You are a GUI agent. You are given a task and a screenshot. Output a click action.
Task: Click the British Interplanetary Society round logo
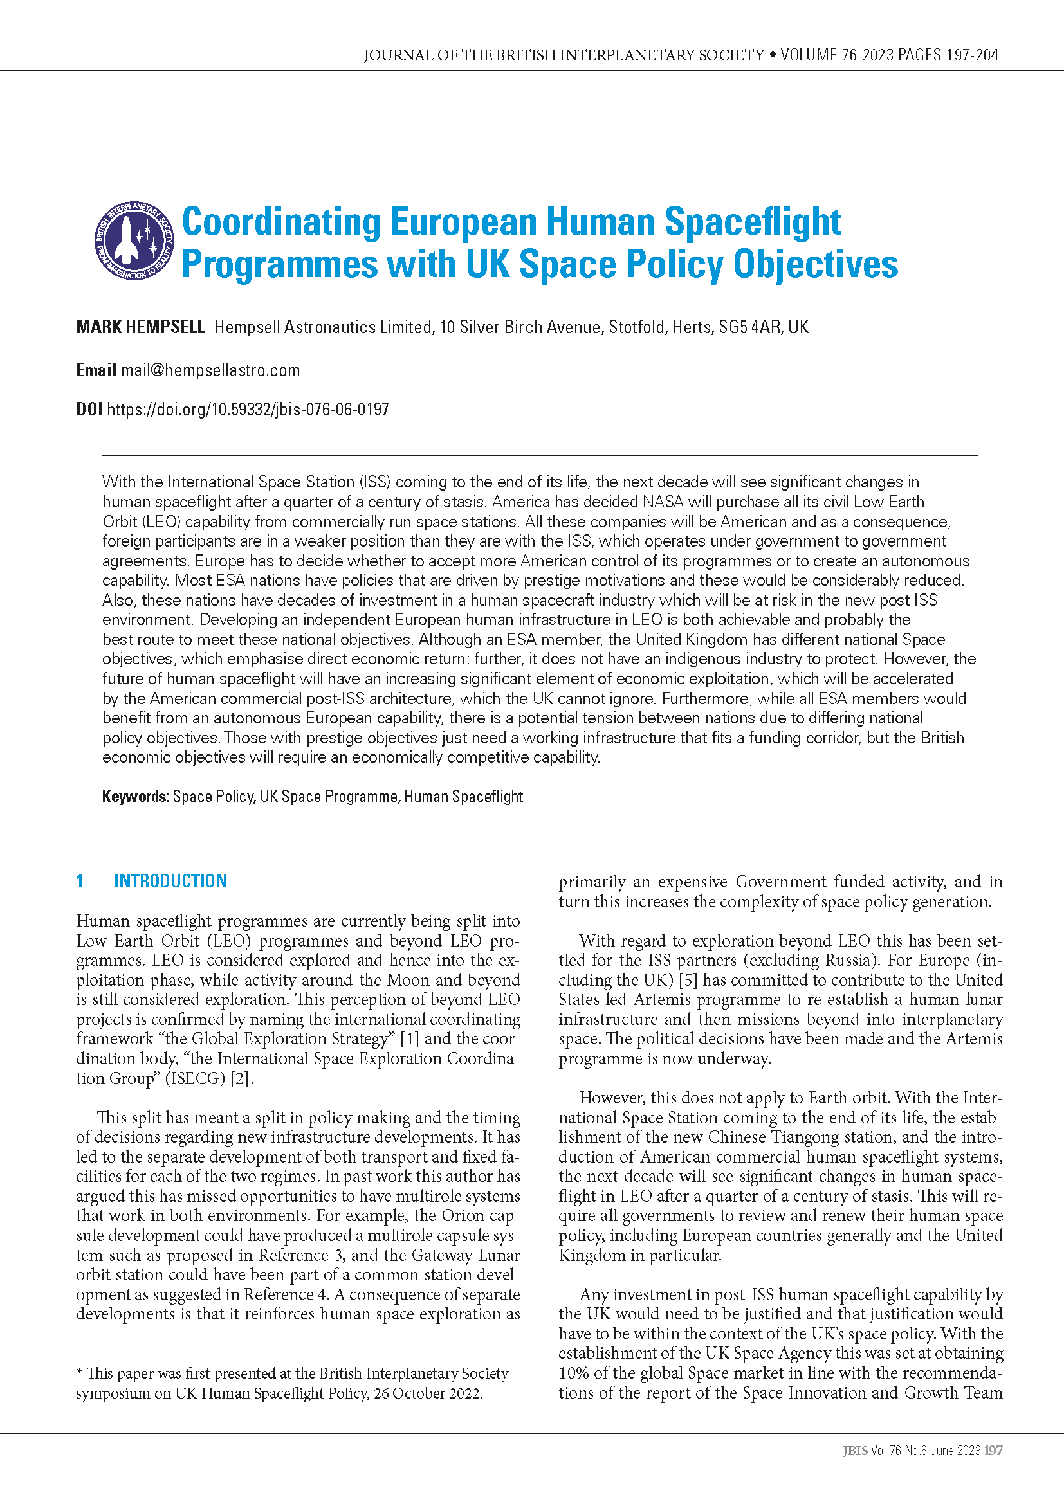pyautogui.click(x=134, y=240)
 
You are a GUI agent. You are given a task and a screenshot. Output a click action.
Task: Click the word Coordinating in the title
pyautogui.click(x=280, y=222)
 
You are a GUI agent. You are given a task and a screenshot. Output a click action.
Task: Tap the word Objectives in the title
pyautogui.click(x=815, y=265)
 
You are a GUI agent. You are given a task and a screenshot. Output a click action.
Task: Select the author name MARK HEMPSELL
pyautogui.click(x=140, y=327)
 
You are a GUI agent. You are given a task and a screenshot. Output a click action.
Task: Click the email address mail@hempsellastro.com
pyautogui.click(x=210, y=371)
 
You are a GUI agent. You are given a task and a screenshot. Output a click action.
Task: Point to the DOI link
pyautogui.click(x=248, y=410)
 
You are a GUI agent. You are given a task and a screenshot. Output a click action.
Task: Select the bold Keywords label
pyautogui.click(x=136, y=797)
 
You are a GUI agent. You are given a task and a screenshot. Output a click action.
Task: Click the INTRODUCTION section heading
pyautogui.click(x=170, y=881)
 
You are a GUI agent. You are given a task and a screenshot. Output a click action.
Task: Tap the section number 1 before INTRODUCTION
pyautogui.click(x=80, y=881)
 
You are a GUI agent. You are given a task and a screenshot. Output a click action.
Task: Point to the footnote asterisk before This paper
pyautogui.click(x=79, y=1372)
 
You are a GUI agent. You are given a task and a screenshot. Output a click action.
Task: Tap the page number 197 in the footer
pyautogui.click(x=994, y=1451)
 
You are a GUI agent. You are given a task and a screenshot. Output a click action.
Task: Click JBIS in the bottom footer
pyautogui.click(x=855, y=1451)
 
